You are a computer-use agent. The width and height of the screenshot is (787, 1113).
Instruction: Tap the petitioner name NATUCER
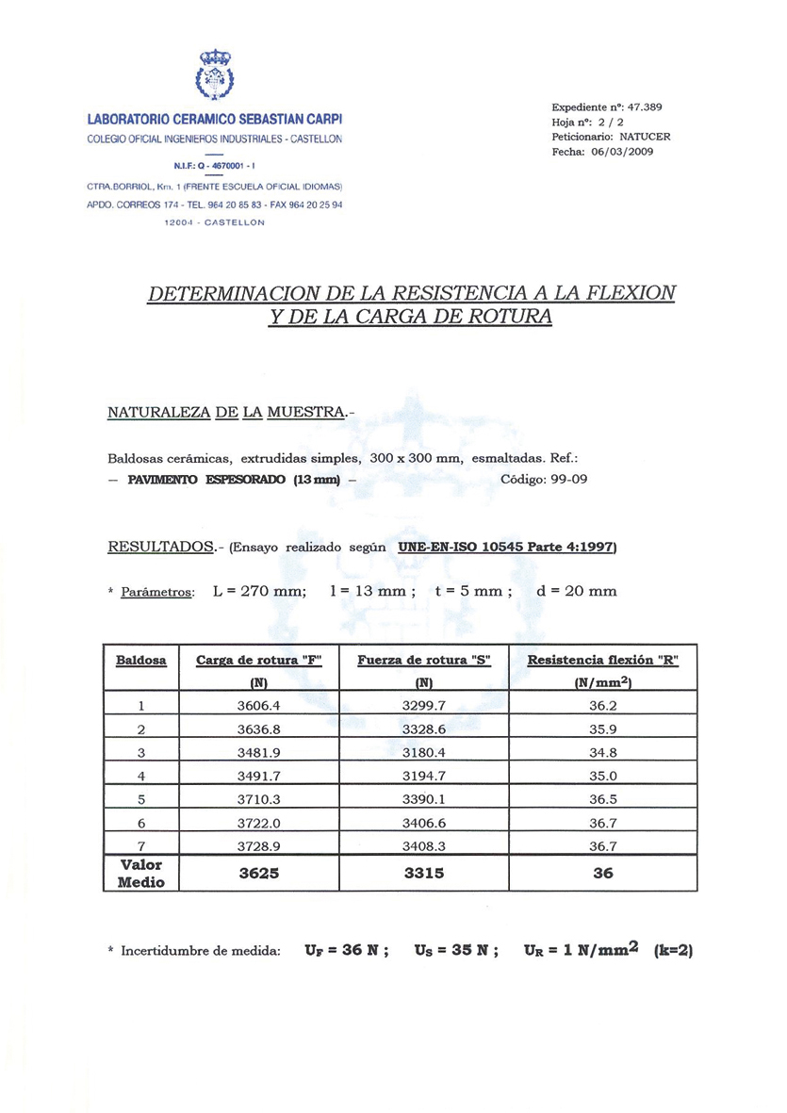pos(647,137)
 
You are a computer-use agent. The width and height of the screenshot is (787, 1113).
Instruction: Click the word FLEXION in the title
pos(631,292)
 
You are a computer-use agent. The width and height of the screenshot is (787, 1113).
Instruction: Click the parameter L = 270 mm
pos(260,592)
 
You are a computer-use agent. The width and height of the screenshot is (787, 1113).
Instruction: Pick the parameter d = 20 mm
pos(577,592)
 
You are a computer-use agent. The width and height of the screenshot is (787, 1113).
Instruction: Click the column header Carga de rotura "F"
pos(259,661)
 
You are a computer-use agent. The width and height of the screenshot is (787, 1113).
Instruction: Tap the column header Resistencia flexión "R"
pos(603,661)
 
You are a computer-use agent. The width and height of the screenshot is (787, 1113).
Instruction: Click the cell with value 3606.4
pos(259,704)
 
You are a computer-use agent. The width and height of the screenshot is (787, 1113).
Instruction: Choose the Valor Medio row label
pos(140,874)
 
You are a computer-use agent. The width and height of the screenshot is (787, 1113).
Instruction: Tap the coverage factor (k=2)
pos(673,951)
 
